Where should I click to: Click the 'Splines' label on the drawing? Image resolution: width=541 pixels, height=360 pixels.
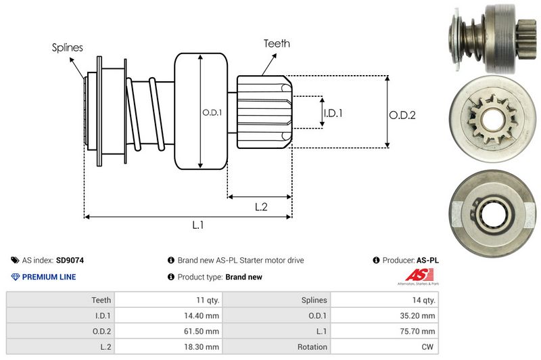point(67,47)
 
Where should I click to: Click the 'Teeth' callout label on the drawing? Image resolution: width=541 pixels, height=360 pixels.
point(277,43)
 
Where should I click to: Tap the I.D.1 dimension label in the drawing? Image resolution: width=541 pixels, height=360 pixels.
point(333,113)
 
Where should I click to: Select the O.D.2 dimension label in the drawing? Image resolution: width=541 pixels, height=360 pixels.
point(402,115)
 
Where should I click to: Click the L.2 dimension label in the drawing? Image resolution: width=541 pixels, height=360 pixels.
point(261,207)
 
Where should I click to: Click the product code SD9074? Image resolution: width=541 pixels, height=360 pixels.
point(70,260)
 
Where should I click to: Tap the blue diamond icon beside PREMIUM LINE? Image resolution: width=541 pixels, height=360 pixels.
point(16,277)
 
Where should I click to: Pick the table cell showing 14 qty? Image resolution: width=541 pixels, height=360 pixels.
point(423,300)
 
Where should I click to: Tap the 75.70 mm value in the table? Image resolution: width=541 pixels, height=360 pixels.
point(419,332)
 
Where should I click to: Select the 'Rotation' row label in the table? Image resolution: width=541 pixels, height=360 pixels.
point(312,347)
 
